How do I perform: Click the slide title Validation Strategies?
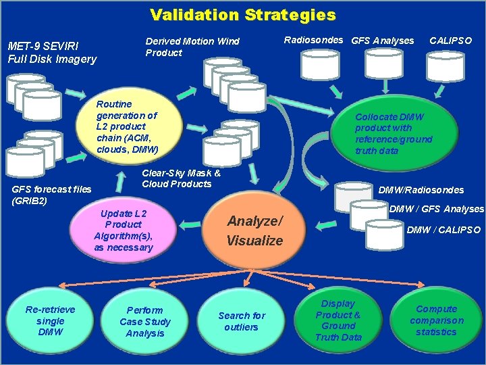[242, 15]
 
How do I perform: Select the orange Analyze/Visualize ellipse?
[254, 230]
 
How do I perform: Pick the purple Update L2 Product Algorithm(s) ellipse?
[124, 230]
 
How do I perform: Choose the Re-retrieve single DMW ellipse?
[50, 321]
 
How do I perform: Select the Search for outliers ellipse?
[242, 321]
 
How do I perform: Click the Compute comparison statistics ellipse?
[436, 320]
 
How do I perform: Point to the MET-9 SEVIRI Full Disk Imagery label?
[52, 53]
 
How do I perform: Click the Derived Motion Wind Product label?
[192, 47]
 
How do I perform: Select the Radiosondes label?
[315, 40]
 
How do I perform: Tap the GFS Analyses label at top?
[383, 41]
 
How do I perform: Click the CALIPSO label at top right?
[450, 41]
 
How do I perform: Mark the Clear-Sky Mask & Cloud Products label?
[182, 178]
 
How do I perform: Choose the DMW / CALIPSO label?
[443, 230]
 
